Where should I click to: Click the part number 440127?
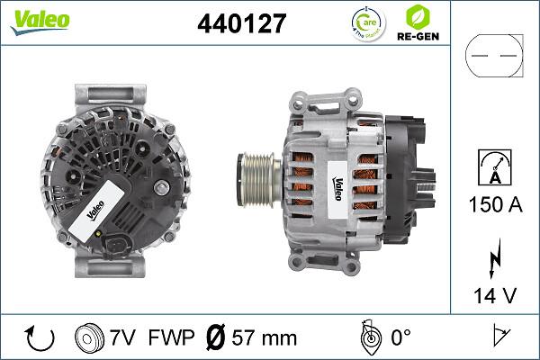coord(241,24)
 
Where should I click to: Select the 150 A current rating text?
coord(495,204)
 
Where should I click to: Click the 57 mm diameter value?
coord(265,339)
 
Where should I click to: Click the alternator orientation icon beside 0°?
coord(367,339)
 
